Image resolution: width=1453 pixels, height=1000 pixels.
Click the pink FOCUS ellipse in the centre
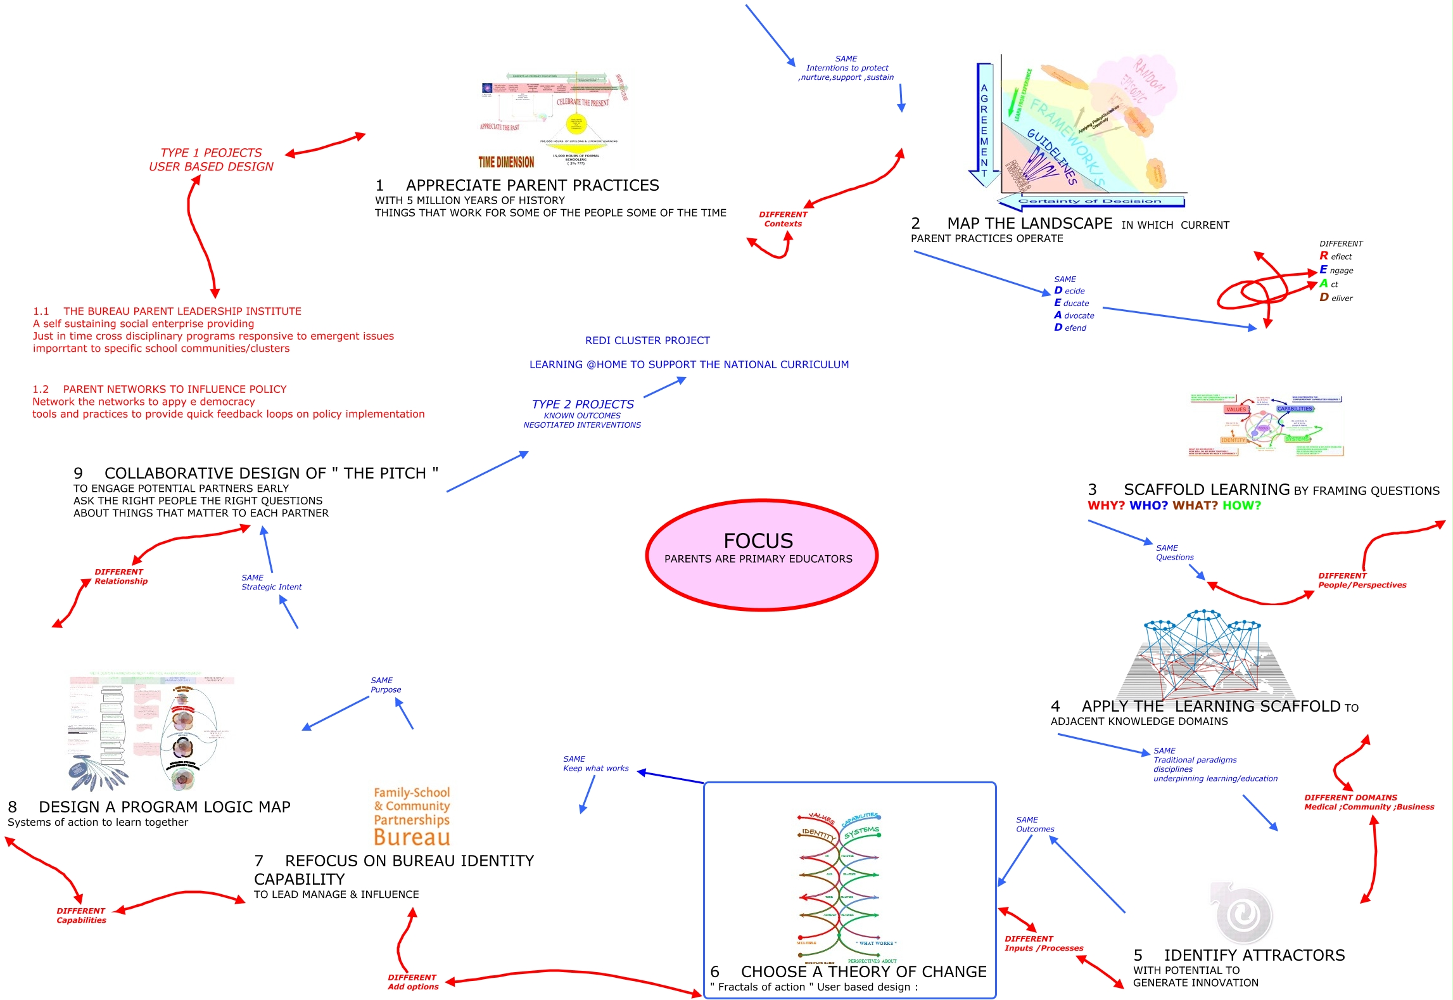[x=761, y=554]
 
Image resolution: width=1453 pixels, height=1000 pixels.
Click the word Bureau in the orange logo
[x=412, y=837]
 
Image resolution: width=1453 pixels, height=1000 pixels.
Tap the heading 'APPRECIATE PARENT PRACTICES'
[x=532, y=186]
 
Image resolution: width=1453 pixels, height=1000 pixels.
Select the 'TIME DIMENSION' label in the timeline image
[x=506, y=162]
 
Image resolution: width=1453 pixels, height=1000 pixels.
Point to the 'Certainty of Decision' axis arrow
[x=1089, y=202]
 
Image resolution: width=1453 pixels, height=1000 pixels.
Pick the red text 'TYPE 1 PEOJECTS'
[x=211, y=153]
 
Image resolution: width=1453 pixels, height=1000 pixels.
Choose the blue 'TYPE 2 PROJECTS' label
[x=583, y=404]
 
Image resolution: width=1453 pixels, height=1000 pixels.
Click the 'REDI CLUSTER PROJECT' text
[x=647, y=341]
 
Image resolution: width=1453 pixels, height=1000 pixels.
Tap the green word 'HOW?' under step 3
[x=1241, y=506]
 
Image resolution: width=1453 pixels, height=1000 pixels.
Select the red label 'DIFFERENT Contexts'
[x=783, y=219]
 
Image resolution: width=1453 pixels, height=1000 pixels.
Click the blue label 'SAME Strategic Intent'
[x=271, y=582]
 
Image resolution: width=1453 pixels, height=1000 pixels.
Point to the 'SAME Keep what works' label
[x=595, y=764]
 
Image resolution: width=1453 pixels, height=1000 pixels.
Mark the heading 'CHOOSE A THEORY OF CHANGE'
[x=863, y=972]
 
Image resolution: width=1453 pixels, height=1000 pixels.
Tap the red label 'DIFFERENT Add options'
[x=413, y=982]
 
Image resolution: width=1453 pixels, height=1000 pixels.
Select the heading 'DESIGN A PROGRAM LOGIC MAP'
[x=164, y=807]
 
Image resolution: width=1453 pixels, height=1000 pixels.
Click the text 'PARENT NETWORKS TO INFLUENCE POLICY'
[x=174, y=390]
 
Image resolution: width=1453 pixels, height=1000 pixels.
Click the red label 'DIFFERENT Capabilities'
[x=81, y=916]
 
